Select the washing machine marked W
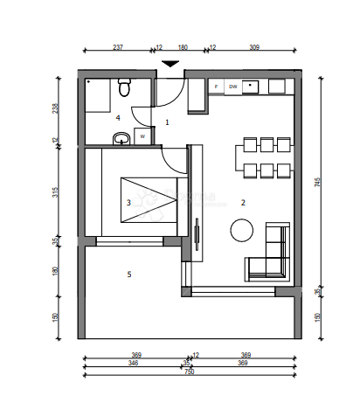pyautogui.click(x=142, y=136)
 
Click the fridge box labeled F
pyautogui.click(x=216, y=87)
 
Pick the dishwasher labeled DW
pyautogui.click(x=233, y=87)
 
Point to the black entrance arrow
pyautogui.click(x=171, y=64)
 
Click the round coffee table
pyautogui.click(x=241, y=230)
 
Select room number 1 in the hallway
pyautogui.click(x=168, y=122)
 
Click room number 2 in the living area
pyautogui.click(x=243, y=203)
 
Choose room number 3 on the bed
pyautogui.click(x=128, y=203)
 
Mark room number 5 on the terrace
pyautogui.click(x=129, y=274)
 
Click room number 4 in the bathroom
pyautogui.click(x=117, y=116)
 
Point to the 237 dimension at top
pyautogui.click(x=118, y=49)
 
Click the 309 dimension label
pyautogui.click(x=255, y=49)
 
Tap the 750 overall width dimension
pyautogui.click(x=189, y=371)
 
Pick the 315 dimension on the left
pyautogui.click(x=55, y=192)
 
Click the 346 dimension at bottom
pyautogui.click(x=133, y=362)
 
